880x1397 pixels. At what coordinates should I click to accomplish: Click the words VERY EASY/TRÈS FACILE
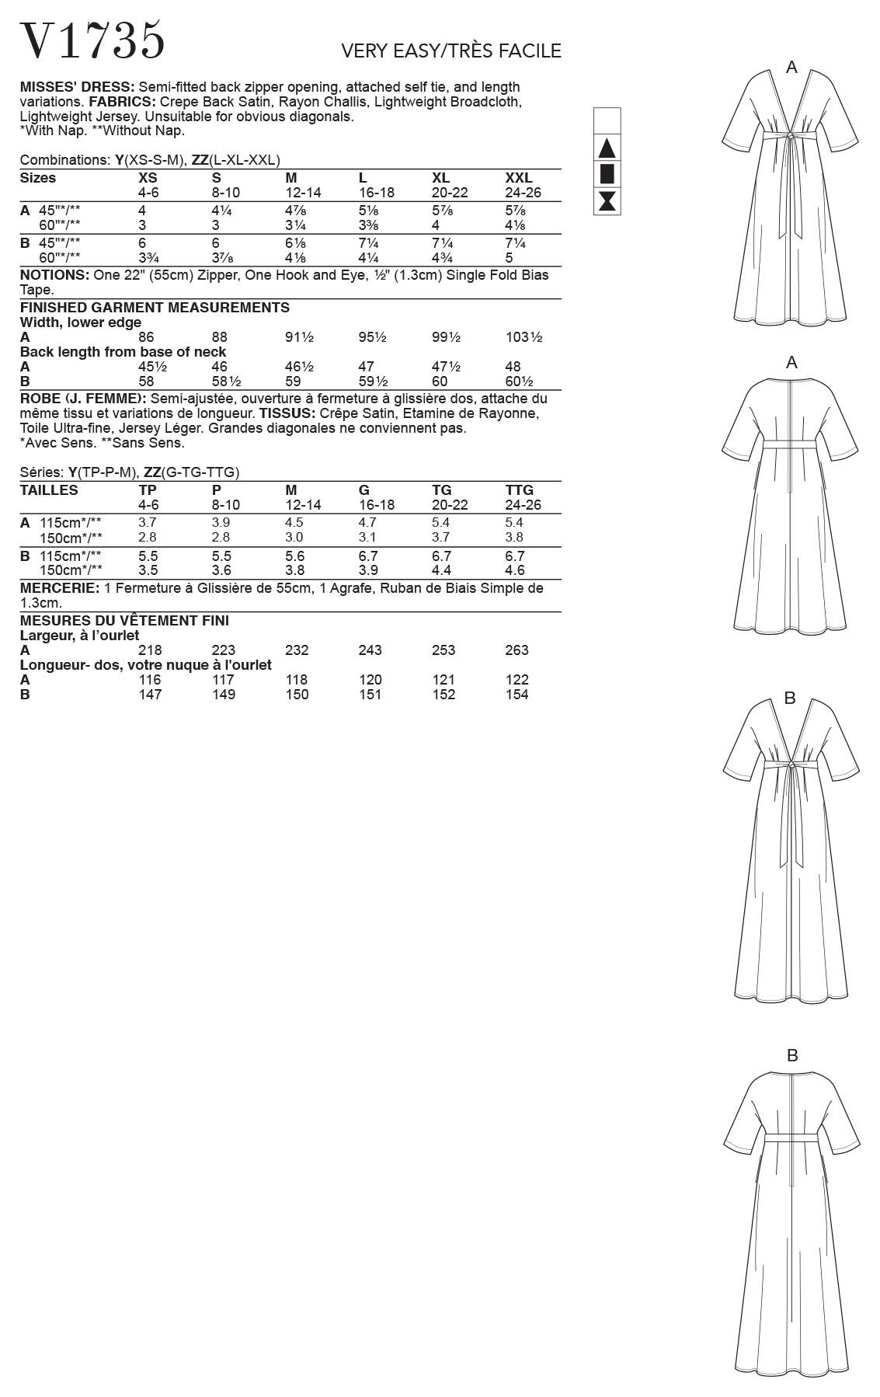pyautogui.click(x=450, y=51)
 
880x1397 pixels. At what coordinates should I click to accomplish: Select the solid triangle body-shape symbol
pyautogui.click(x=607, y=148)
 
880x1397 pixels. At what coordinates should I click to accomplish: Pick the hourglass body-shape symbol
pyautogui.click(x=607, y=200)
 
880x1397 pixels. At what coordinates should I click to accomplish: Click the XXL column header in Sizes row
pyautogui.click(x=518, y=178)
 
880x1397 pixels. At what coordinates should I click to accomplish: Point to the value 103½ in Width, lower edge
pyautogui.click(x=523, y=337)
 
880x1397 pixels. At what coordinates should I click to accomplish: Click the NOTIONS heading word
pyautogui.click(x=54, y=275)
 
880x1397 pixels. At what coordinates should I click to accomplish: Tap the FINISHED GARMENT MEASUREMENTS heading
pyautogui.click(x=155, y=308)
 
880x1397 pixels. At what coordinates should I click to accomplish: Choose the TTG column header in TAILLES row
pyautogui.click(x=519, y=490)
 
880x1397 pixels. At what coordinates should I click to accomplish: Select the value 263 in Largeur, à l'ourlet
pyautogui.click(x=517, y=650)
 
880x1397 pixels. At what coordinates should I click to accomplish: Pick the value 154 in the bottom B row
pyautogui.click(x=517, y=695)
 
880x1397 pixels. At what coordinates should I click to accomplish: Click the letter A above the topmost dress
pyautogui.click(x=791, y=68)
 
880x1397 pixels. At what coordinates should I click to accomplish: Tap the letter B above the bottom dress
pyautogui.click(x=792, y=1055)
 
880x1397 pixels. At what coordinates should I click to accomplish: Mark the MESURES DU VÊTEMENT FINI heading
pyautogui.click(x=124, y=621)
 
